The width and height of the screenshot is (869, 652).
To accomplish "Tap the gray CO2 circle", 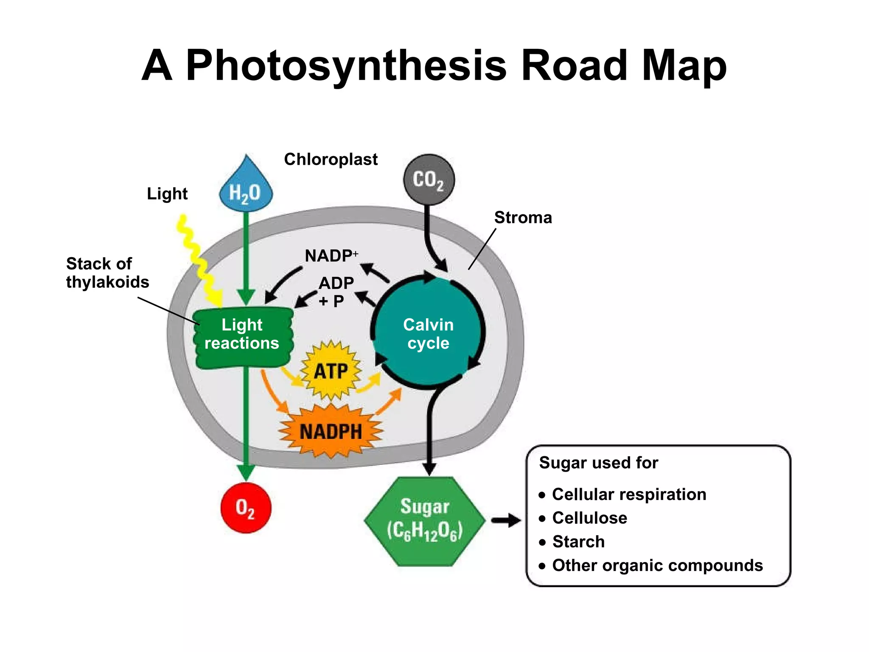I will [429, 180].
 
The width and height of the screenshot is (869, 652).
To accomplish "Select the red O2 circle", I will [246, 507].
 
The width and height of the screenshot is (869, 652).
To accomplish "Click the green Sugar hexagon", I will [425, 521].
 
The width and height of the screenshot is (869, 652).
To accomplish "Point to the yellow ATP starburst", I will [331, 371].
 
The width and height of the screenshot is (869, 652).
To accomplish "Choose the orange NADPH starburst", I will [331, 432].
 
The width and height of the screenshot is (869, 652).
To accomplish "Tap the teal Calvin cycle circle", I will [429, 334].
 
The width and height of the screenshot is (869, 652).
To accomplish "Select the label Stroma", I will [523, 218].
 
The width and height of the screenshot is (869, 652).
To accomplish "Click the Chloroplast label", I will [331, 160].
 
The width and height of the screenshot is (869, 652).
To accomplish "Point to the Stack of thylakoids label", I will [107, 273].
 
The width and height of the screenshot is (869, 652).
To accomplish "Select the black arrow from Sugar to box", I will [506, 520].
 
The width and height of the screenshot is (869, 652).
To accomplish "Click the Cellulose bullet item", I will [589, 518].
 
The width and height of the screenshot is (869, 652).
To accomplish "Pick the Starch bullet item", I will [578, 542].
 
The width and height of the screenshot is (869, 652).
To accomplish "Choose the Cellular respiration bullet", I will [628, 495].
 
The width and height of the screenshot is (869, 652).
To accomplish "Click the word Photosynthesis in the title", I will [346, 66].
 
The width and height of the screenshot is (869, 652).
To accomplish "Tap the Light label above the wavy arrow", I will [167, 194].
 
